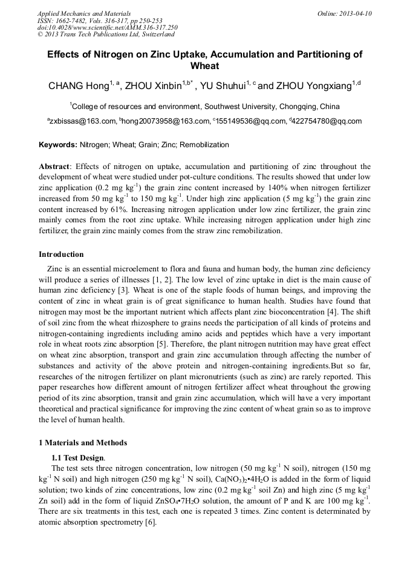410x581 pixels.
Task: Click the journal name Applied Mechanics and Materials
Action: [x=77, y=13]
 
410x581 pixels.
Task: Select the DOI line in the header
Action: [x=107, y=28]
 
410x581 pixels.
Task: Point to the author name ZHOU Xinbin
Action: [x=154, y=87]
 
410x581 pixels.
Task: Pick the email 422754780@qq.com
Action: [x=327, y=121]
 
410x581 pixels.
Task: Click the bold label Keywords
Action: [x=58, y=145]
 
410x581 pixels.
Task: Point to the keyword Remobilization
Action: [x=205, y=145]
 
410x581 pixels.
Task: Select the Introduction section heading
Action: [x=61, y=254]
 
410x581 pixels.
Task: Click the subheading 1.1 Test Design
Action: [x=78, y=457]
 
